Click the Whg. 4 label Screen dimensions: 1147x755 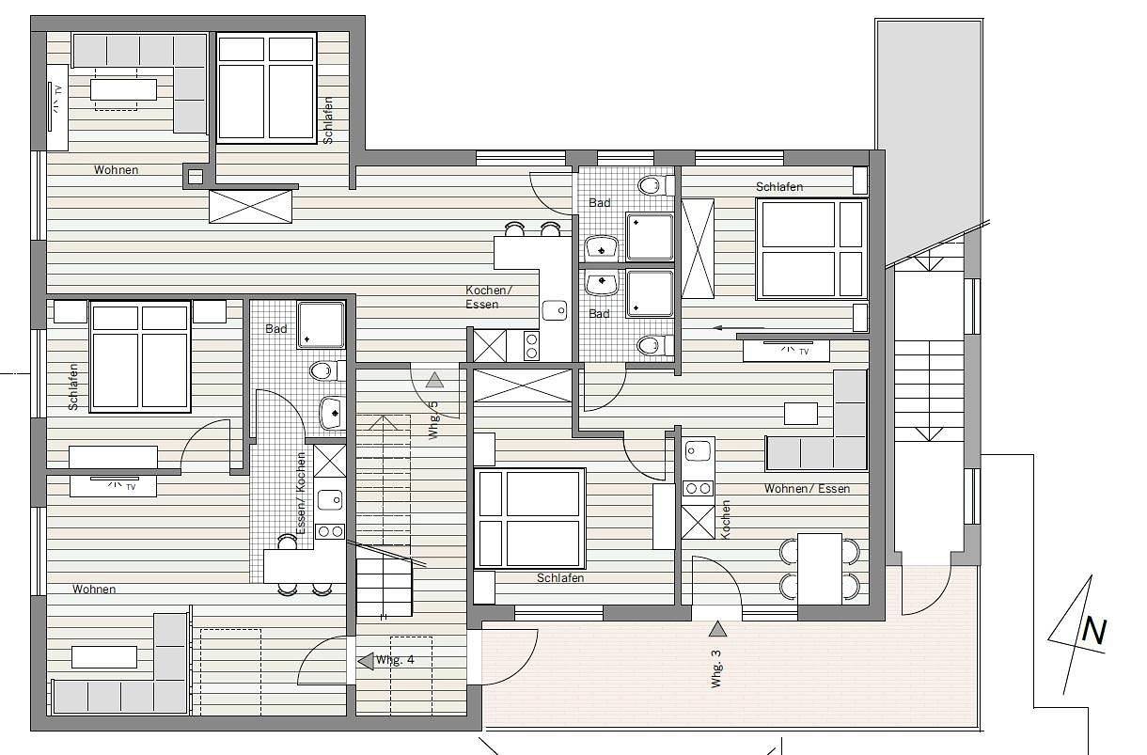(x=395, y=660)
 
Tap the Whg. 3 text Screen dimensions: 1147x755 (x=715, y=668)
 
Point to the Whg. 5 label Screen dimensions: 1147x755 (x=433, y=420)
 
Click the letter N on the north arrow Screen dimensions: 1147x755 (x=1094, y=632)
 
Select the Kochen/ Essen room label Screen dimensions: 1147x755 (x=489, y=297)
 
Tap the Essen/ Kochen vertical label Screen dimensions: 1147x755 (x=301, y=493)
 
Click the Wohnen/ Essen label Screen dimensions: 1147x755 (x=807, y=489)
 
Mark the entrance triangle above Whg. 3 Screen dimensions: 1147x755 (x=717, y=628)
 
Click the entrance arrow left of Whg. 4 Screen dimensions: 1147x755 (x=366, y=661)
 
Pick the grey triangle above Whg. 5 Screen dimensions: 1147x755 (x=434, y=380)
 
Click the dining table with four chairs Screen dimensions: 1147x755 (x=819, y=569)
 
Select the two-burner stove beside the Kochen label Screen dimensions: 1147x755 (x=698, y=488)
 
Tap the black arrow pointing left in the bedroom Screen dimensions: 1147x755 (x=738, y=328)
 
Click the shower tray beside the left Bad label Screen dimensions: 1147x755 (x=321, y=325)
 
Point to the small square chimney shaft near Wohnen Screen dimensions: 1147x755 (x=196, y=177)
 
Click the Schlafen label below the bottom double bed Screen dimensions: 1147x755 (x=560, y=578)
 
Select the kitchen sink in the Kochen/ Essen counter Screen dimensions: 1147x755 (x=555, y=310)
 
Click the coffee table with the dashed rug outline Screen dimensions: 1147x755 (x=123, y=89)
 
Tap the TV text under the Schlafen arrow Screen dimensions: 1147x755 (x=804, y=352)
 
